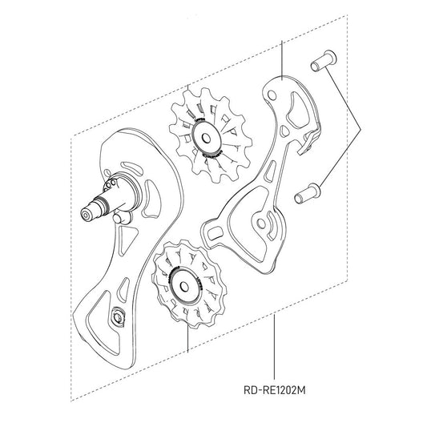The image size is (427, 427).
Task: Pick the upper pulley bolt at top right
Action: click(320, 62)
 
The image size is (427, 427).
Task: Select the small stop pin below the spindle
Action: click(119, 219)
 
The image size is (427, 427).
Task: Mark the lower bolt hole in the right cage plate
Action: click(260, 224)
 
